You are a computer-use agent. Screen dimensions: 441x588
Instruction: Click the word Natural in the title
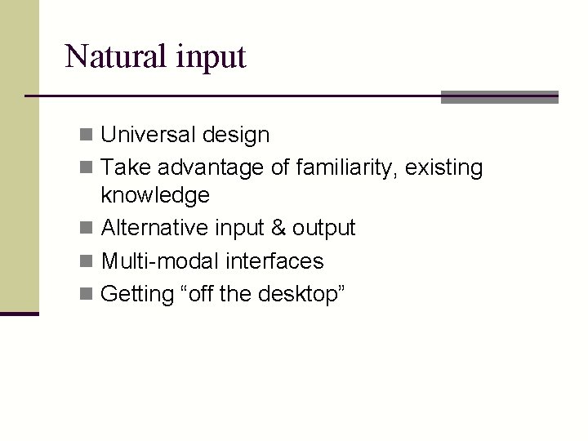tap(115, 56)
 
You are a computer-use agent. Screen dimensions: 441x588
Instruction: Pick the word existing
tap(444, 169)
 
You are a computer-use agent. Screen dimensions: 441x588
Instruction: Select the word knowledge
tap(155, 196)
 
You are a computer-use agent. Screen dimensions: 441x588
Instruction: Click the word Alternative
tap(153, 227)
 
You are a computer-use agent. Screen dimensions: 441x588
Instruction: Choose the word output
tap(324, 228)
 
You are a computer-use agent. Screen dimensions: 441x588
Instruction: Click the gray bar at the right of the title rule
tap(499, 97)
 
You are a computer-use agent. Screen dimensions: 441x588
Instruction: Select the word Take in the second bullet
tap(122, 168)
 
